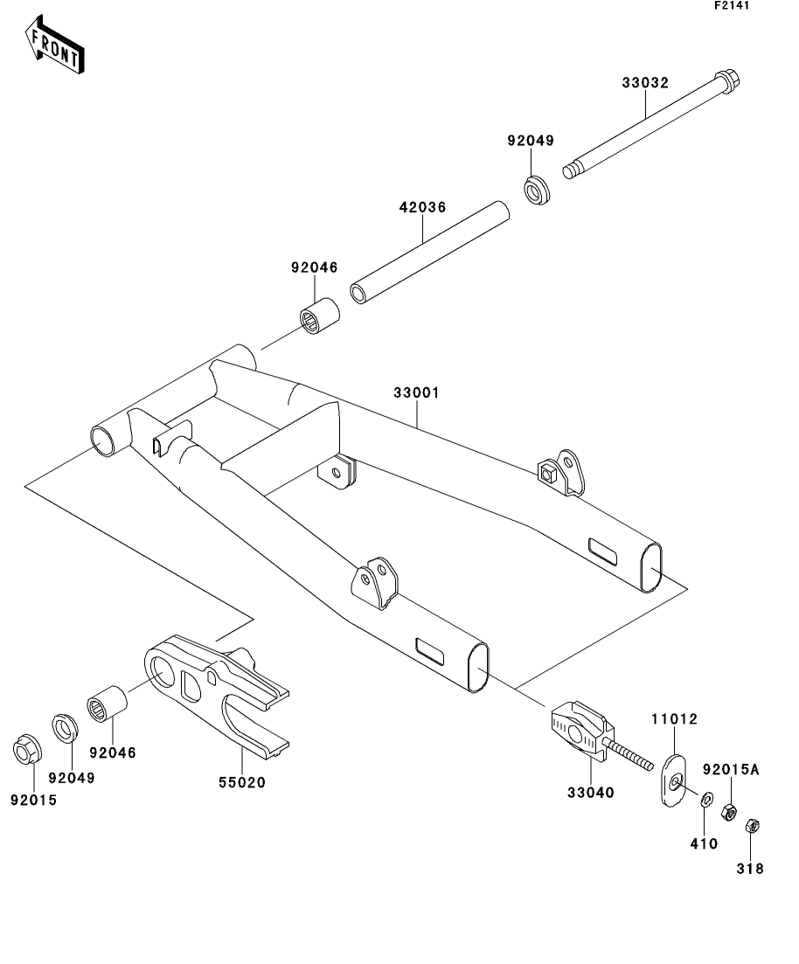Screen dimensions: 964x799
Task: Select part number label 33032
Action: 645,83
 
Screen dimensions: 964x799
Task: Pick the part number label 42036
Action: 423,208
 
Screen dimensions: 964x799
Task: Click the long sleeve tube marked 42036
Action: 430,253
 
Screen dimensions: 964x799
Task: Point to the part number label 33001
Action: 416,393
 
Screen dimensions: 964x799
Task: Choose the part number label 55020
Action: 241,782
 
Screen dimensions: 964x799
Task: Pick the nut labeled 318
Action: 750,826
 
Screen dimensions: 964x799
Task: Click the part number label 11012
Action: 673,720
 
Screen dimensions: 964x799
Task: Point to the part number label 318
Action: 750,868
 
